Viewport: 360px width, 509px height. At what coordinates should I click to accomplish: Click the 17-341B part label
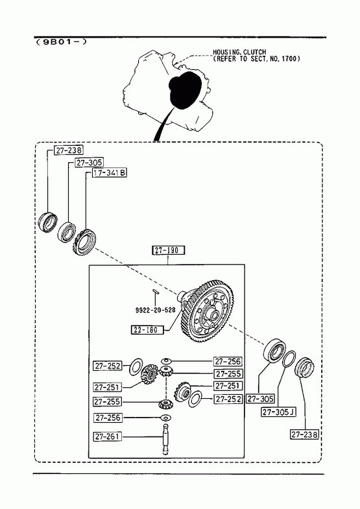(x=110, y=173)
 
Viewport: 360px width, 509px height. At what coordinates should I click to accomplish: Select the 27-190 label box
(x=169, y=250)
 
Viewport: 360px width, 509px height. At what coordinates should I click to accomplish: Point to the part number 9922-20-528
(x=155, y=310)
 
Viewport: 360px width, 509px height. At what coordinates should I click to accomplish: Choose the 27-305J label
(x=278, y=412)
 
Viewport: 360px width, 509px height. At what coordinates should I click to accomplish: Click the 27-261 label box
(x=108, y=436)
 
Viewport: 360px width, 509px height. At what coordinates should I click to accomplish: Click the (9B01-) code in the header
(x=62, y=42)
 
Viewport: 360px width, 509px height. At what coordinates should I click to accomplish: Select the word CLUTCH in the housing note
(x=254, y=52)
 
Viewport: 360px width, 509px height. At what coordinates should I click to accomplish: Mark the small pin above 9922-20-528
(x=156, y=291)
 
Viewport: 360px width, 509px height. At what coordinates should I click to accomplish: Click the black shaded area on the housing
(x=185, y=91)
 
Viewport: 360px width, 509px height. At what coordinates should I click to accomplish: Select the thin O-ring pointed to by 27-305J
(x=288, y=359)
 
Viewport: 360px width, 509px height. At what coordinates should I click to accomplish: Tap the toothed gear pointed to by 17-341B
(x=84, y=242)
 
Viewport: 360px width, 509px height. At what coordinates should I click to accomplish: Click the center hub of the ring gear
(x=214, y=314)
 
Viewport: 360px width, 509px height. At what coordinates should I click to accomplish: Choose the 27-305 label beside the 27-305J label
(x=260, y=399)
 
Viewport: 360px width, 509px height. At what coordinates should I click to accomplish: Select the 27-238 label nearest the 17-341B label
(x=69, y=150)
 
